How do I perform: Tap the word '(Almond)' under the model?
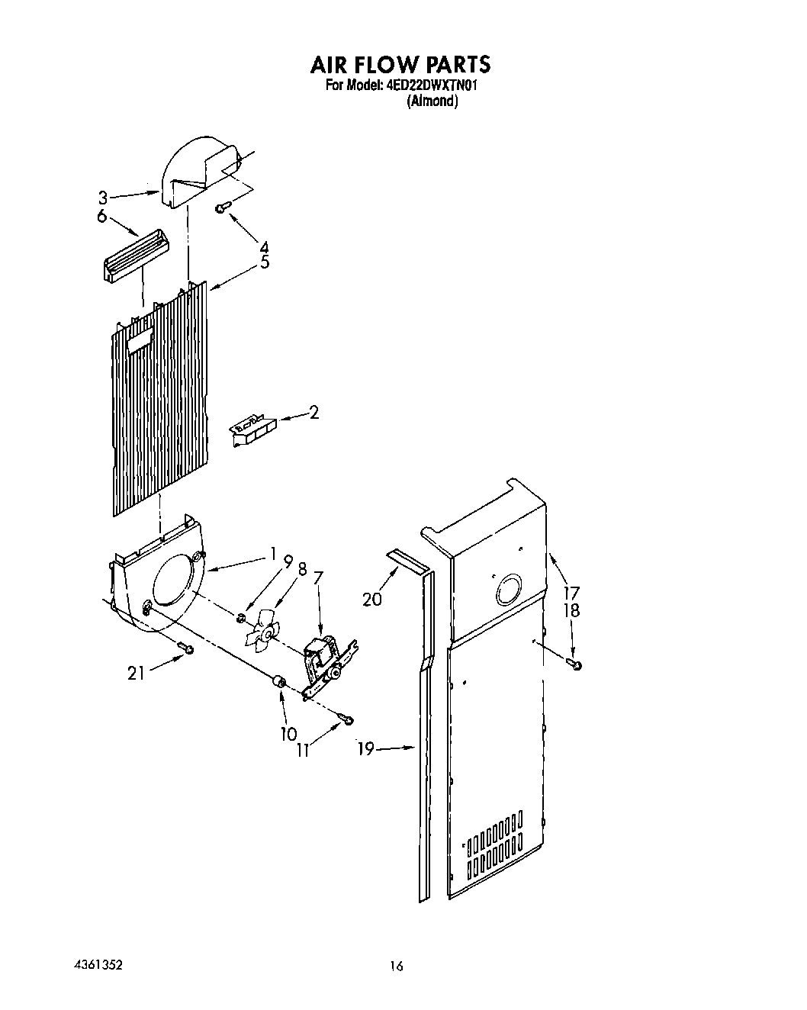[432, 101]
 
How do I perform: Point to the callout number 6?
[101, 216]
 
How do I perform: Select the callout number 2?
[313, 413]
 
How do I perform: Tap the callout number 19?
[366, 749]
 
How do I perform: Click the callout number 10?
[288, 734]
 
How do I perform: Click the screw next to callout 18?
[575, 665]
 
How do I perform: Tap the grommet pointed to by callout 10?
[279, 680]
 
